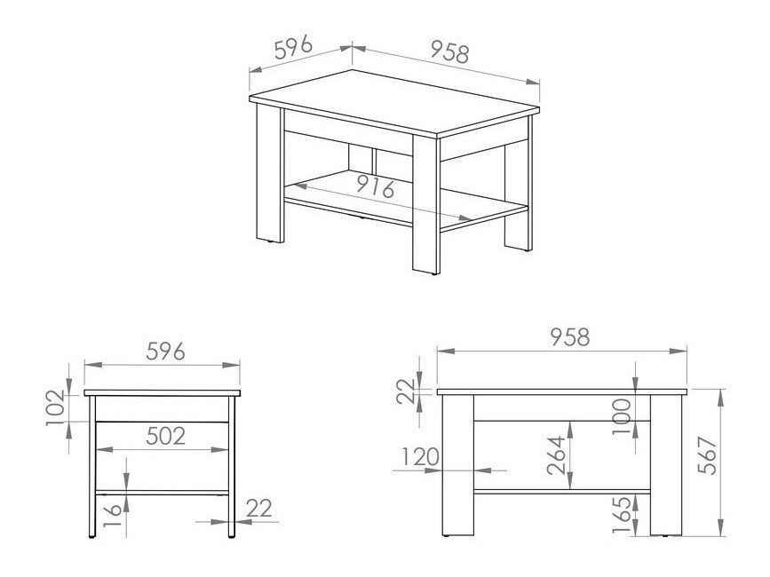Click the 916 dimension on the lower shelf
(374, 186)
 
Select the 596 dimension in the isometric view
(292, 48)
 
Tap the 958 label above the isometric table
(449, 52)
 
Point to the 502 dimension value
(165, 436)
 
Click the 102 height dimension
(54, 408)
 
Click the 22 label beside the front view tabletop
(407, 390)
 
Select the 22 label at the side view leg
(258, 508)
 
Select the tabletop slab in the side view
(163, 392)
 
